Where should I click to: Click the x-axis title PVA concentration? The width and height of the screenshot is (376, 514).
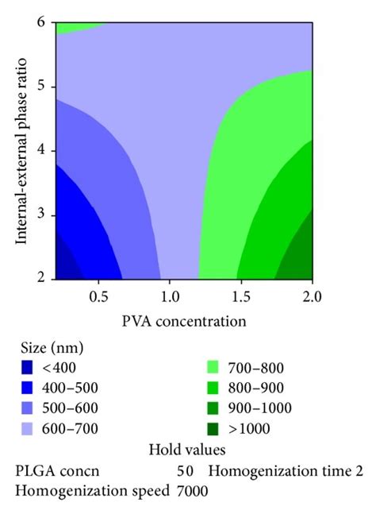pyautogui.click(x=185, y=321)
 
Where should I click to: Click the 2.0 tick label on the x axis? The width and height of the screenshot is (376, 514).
pyautogui.click(x=312, y=298)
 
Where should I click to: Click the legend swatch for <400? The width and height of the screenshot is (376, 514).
pyautogui.click(x=28, y=367)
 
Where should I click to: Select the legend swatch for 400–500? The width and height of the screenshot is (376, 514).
pyautogui.click(x=28, y=388)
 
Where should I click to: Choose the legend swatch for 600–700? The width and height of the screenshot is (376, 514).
pyautogui.click(x=28, y=429)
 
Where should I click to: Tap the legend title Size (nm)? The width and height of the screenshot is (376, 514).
pyautogui.click(x=51, y=347)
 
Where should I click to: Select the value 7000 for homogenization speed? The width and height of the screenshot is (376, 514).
pyautogui.click(x=191, y=491)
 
